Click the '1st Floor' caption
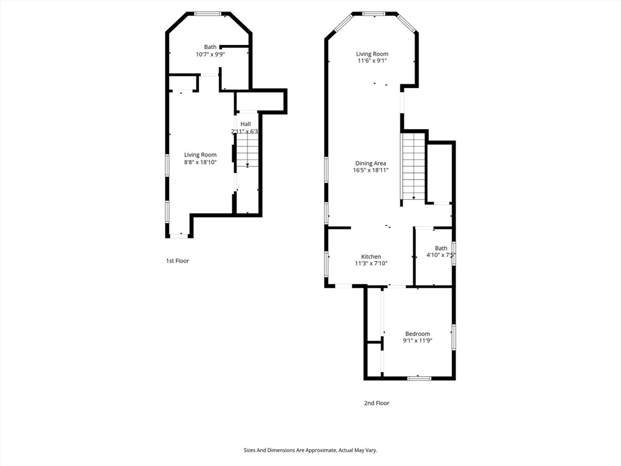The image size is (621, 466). [x=178, y=261]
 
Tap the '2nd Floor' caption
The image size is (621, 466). [x=377, y=403]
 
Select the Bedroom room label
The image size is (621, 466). [x=417, y=334]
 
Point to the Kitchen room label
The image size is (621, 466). [x=371, y=257]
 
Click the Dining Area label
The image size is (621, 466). [x=371, y=163]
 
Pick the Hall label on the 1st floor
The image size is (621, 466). [x=245, y=124]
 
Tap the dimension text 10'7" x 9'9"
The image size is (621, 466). [x=210, y=54]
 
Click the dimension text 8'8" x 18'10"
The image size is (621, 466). [x=200, y=162]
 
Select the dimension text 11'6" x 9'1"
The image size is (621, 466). [x=372, y=61]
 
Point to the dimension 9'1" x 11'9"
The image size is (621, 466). [x=417, y=341]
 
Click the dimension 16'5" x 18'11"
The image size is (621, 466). [x=371, y=171]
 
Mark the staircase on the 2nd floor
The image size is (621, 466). [x=413, y=166]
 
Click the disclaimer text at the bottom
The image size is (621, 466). [x=310, y=450]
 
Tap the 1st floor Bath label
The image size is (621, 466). [x=210, y=47]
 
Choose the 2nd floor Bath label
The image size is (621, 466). [x=441, y=248]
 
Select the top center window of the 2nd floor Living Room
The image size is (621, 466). [x=372, y=13]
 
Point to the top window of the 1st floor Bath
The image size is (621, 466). [x=208, y=13]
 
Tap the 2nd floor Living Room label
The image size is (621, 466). [x=372, y=54]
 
